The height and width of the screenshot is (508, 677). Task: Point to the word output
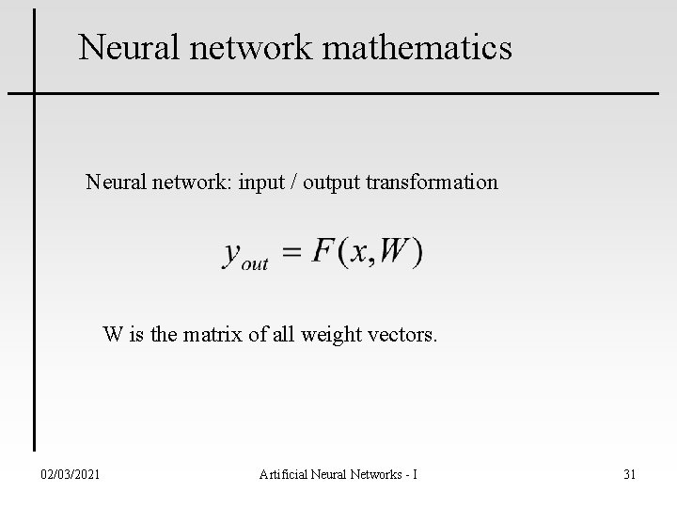[332, 183]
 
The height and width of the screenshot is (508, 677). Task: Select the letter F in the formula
[323, 251]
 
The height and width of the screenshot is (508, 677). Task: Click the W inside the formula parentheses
[395, 251]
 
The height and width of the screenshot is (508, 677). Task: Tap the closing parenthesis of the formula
[417, 252]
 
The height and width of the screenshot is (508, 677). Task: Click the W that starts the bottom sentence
[113, 334]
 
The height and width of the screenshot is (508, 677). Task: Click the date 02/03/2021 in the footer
[69, 474]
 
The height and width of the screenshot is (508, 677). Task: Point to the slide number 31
[629, 474]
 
